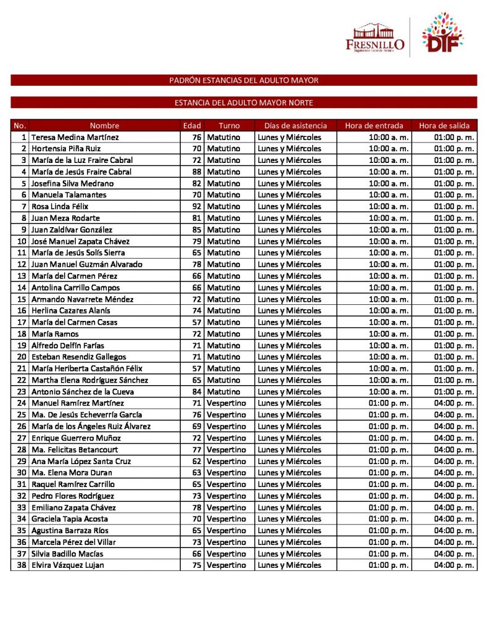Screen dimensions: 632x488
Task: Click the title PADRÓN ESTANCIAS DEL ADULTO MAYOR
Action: [244, 80]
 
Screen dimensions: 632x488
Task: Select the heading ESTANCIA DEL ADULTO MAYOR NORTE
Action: [244, 102]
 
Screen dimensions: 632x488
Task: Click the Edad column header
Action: [192, 125]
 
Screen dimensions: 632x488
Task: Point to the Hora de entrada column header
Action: [374, 125]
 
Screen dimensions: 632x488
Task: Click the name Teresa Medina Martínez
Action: [75, 137]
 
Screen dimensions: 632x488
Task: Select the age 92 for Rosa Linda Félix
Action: [197, 206]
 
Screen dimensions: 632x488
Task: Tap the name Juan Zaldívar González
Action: [72, 230]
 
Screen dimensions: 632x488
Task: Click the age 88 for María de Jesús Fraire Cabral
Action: [197, 172]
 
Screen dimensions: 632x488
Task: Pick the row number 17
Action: [22, 322]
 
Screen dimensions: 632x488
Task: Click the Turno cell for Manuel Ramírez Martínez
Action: [226, 403]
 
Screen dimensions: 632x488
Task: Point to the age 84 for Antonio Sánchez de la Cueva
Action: [197, 391]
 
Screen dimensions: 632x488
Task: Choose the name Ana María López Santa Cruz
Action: [81, 461]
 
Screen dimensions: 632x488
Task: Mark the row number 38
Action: [22, 565]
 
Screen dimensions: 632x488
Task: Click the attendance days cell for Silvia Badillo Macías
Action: [289, 554]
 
